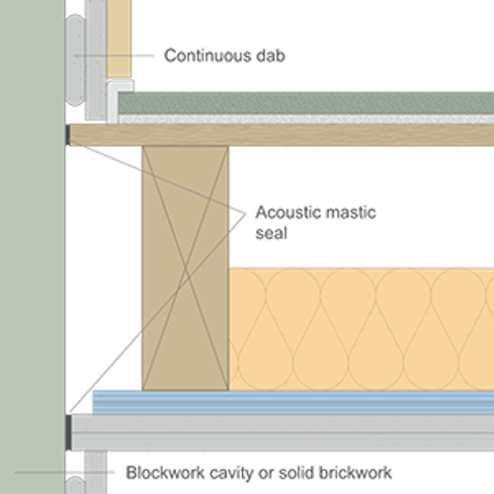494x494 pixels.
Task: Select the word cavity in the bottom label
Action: pyautogui.click(x=238, y=472)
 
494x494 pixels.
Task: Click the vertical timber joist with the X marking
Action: pyautogui.click(x=186, y=267)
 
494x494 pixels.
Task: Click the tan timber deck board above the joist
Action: pyautogui.click(x=296, y=135)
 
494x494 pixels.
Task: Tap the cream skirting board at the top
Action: pyautogui.click(x=119, y=40)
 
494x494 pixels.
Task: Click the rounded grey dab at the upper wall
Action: pyautogui.click(x=76, y=59)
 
